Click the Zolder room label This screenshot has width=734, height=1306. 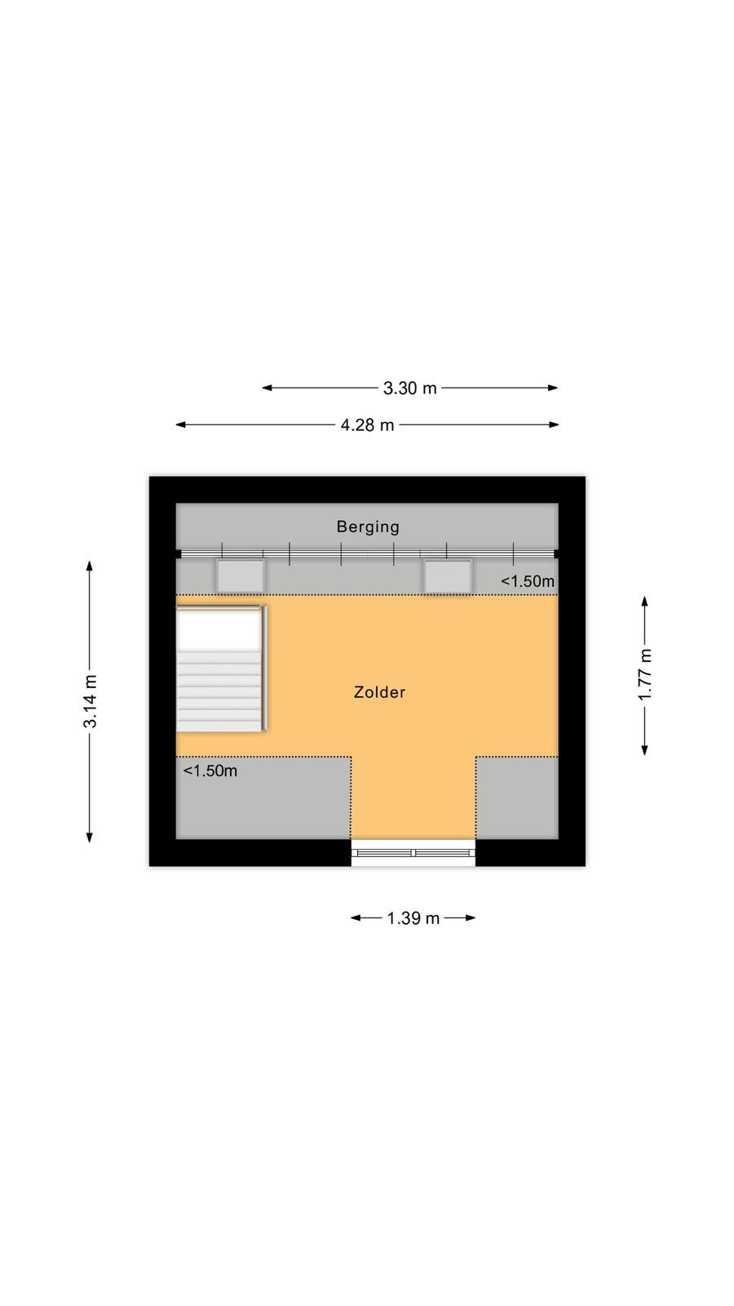click(379, 692)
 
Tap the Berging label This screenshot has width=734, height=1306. click(368, 527)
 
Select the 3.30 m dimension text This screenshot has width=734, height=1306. click(409, 389)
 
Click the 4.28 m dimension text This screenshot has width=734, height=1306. click(367, 425)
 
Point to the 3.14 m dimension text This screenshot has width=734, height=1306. click(91, 701)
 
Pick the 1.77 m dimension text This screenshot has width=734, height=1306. click(645, 674)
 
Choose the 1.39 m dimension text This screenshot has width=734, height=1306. click(413, 918)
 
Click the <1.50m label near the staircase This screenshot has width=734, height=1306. click(210, 771)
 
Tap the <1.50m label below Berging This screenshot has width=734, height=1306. click(528, 581)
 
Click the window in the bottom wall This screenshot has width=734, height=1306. click(413, 853)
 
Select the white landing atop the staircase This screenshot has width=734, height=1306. click(219, 629)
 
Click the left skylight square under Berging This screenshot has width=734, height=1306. click(241, 576)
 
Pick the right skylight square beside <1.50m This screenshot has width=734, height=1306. click(448, 576)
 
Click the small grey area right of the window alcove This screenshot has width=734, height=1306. click(517, 798)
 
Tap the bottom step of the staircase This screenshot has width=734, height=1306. click(219, 726)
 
